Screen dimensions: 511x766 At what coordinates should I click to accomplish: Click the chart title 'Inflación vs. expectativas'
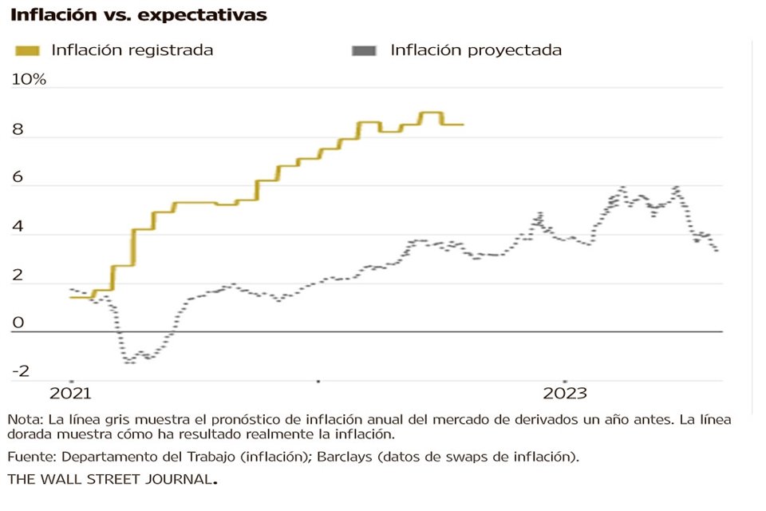(x=138, y=15)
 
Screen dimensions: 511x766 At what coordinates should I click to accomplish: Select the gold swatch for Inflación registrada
(x=28, y=50)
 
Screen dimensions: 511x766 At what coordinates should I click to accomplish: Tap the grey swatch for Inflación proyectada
(x=364, y=50)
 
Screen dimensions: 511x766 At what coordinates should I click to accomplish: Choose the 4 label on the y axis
(x=18, y=228)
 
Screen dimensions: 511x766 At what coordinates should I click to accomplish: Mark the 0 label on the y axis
(x=18, y=323)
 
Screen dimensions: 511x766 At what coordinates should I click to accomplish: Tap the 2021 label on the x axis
(x=70, y=394)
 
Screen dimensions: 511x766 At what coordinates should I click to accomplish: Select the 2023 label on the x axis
(x=564, y=394)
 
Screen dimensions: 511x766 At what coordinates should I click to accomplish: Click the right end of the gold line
(x=463, y=125)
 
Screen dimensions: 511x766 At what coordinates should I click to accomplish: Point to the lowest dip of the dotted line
(x=128, y=362)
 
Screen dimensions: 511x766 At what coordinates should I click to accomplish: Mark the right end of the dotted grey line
(x=717, y=251)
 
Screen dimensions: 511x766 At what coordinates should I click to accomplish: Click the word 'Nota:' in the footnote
(x=26, y=419)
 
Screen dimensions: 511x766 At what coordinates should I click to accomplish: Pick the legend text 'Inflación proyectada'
(x=476, y=50)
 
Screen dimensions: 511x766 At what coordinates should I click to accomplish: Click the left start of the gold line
(x=71, y=297)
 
